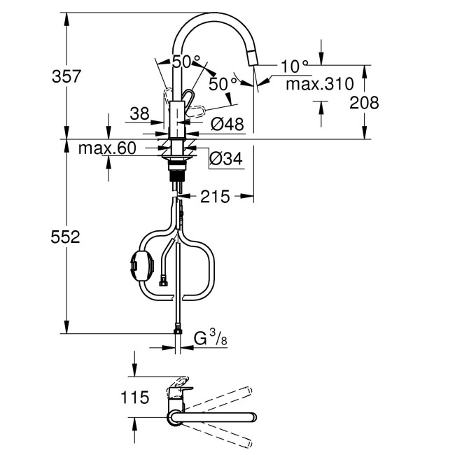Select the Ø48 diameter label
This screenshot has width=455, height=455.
point(227,125)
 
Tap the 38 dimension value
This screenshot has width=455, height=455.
point(140,113)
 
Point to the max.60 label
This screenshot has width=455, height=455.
point(106,148)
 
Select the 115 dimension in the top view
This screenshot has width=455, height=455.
point(134,398)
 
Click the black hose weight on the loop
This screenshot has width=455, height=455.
point(137,266)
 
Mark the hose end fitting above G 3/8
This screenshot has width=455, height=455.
point(178,330)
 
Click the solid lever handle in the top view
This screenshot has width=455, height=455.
point(179,384)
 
